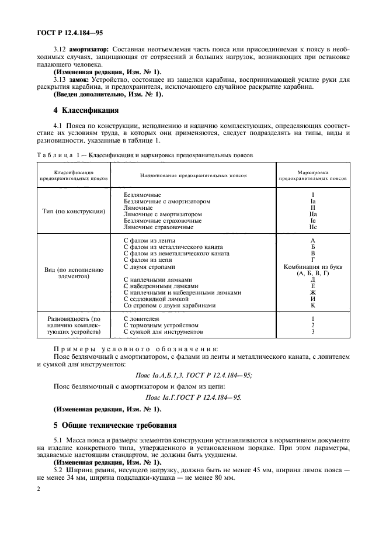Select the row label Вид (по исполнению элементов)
(x=74, y=273)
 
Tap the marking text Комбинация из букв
(x=313, y=266)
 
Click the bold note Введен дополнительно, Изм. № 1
(x=109, y=94)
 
